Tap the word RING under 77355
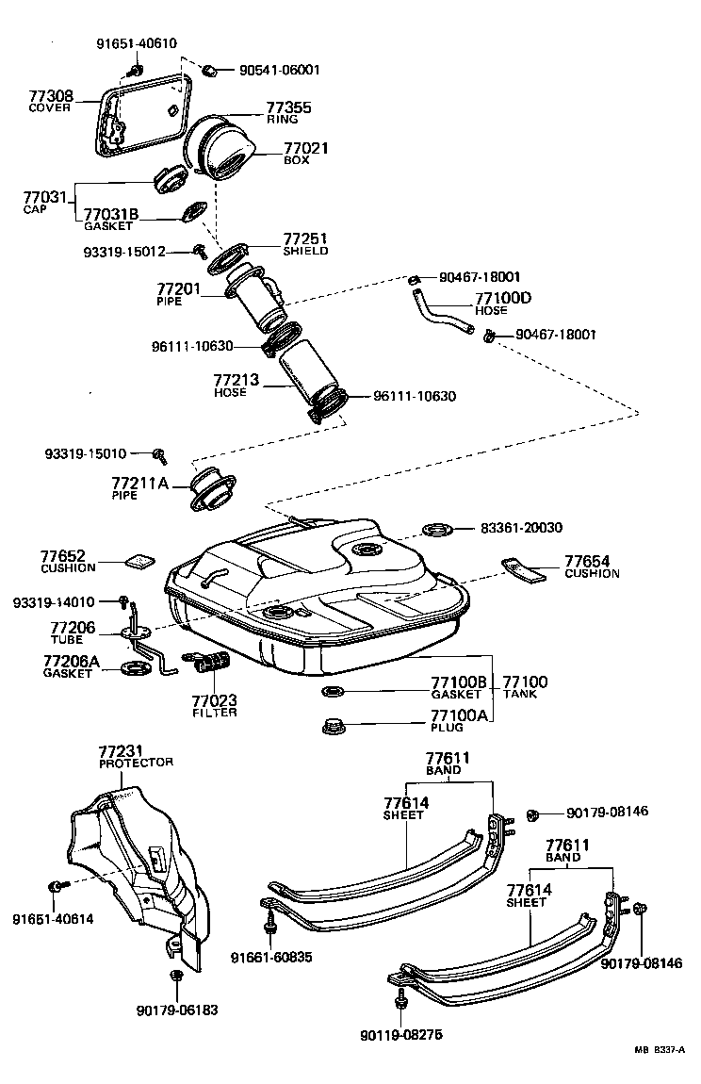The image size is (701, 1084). [x=282, y=120]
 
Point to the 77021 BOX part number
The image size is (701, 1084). [x=305, y=148]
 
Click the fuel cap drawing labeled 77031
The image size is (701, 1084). [x=170, y=178]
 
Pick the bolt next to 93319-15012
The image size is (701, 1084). [x=200, y=250]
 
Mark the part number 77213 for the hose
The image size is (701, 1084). [x=240, y=380]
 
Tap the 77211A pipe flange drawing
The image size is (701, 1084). [x=211, y=488]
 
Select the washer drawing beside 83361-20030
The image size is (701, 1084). [x=437, y=528]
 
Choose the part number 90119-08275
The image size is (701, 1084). [x=400, y=1034]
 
